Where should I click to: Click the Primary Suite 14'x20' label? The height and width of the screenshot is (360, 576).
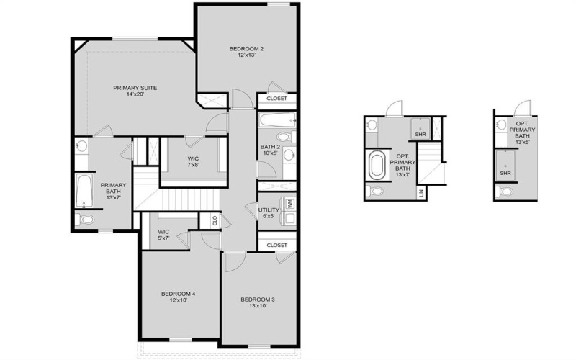coord(135,91)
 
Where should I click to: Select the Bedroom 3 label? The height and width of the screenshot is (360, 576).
coord(257,303)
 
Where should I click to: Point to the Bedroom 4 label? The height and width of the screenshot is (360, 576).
coord(178,297)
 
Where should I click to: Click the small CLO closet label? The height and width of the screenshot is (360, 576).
coord(214,222)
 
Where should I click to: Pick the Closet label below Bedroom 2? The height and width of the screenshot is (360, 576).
coord(276,99)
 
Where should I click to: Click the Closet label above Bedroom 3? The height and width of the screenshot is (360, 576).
coord(276,246)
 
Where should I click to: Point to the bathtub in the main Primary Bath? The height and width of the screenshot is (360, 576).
coord(84,191)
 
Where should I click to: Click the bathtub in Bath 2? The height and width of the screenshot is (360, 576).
coord(276,120)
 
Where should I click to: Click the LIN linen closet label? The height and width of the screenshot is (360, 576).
coord(421,193)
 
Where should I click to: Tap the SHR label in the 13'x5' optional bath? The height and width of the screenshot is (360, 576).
coord(505,173)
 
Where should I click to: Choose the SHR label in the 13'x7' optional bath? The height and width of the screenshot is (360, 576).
coord(420,135)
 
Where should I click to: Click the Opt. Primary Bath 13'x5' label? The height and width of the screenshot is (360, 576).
coord(522,133)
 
